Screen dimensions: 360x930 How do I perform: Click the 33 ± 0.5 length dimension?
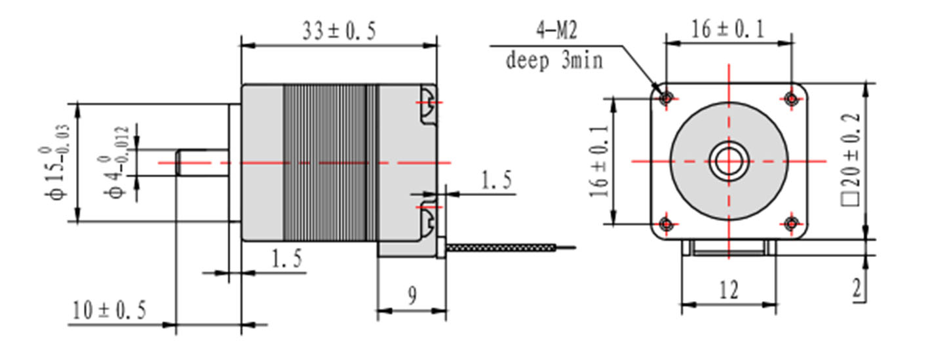339,31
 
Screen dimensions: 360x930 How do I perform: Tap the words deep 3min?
554,61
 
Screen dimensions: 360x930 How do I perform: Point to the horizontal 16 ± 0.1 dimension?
728,30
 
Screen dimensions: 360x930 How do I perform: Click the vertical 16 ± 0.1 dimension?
598,161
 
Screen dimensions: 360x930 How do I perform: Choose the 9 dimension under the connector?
412,296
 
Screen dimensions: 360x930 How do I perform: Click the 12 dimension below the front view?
728,289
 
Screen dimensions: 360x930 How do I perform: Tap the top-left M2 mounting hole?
667,98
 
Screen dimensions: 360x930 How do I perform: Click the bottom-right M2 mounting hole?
791,224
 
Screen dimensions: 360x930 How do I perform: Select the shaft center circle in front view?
728,161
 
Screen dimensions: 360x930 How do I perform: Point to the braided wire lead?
501,248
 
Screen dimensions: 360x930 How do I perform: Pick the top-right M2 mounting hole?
791,98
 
